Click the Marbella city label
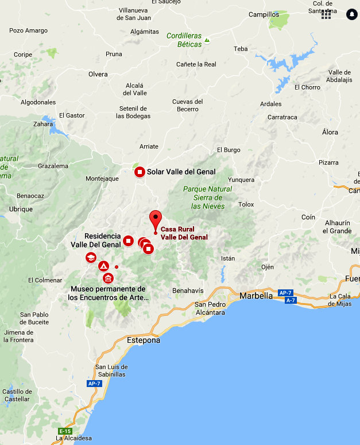pos(257,296)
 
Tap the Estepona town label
pos(143,340)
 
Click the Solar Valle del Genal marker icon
pos(140,172)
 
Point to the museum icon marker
pos(108,278)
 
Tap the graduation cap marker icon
pos(91,258)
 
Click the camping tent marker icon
pos(103,266)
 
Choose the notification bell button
pos(351,14)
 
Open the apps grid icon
pos(326,15)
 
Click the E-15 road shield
pos(65,431)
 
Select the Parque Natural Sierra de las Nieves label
pos(207,197)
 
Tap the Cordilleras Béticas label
pos(184,39)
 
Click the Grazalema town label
pos(53,166)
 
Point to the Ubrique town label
pos(21,209)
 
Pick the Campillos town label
pos(264,15)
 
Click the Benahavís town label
pos(188,291)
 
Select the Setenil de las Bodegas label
pos(133,112)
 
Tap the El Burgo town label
pos(229,150)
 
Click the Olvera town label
pos(98,75)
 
